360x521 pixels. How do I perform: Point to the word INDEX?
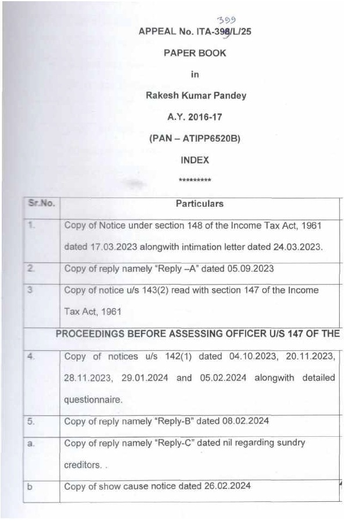pos(195,159)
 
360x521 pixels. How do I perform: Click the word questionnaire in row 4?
pos(93,399)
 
